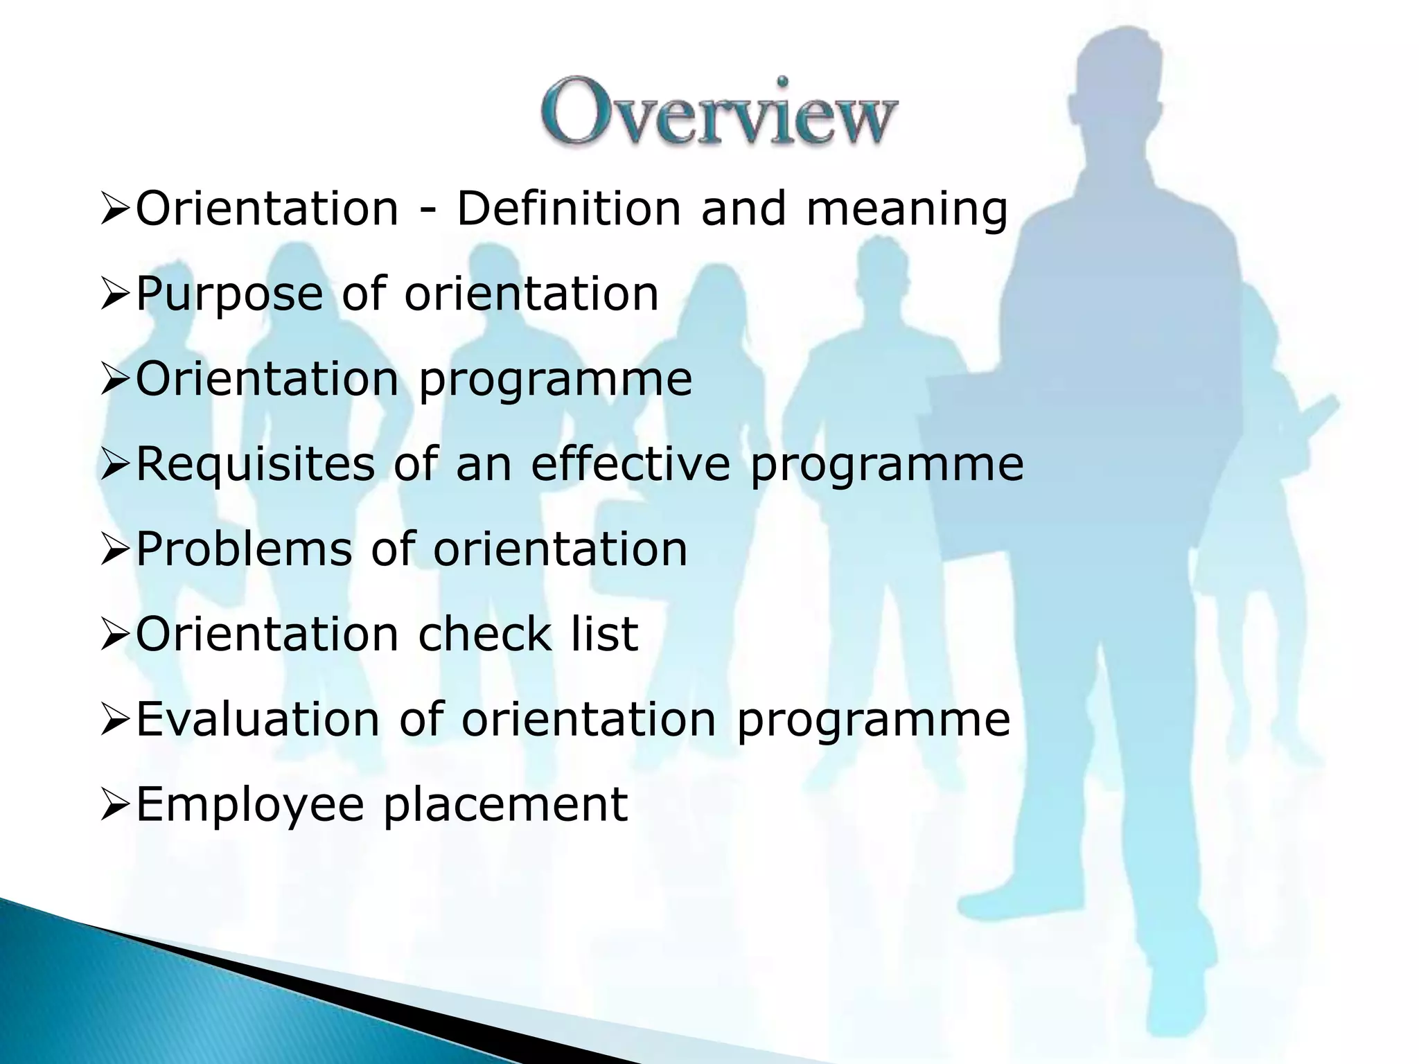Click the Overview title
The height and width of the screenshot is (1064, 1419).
tap(719, 113)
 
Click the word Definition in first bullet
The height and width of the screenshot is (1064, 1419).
tap(569, 208)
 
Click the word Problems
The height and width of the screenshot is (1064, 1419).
tap(244, 549)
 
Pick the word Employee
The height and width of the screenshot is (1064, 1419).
tap(249, 805)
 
